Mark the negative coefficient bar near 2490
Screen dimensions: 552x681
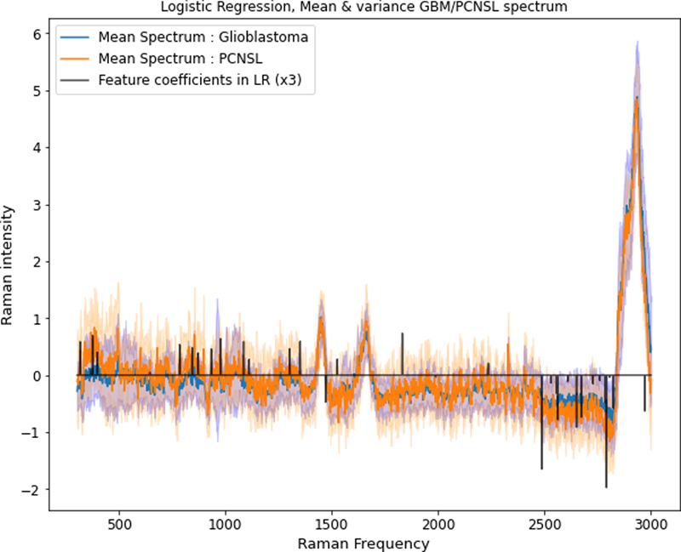[x=541, y=442]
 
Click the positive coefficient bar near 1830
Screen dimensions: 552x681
[x=402, y=349]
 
